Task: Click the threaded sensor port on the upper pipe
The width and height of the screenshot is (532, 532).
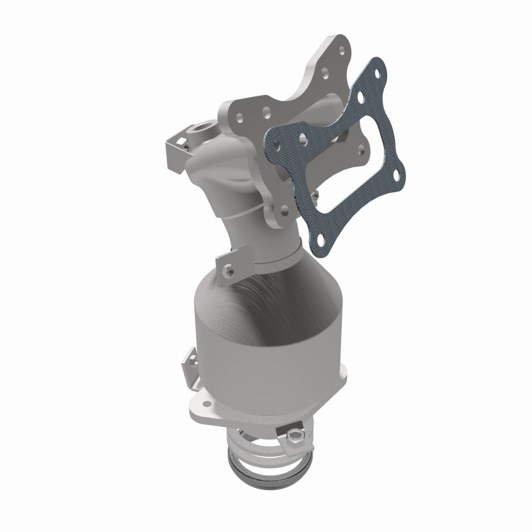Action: tap(201, 126)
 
